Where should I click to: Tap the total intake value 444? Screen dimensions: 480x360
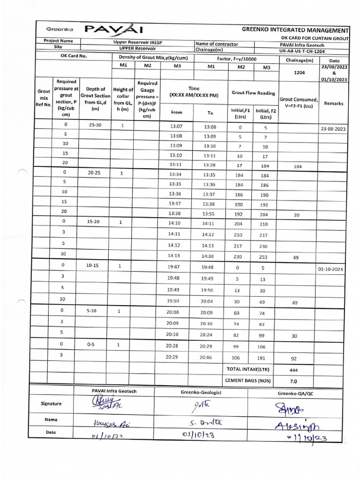click(294, 370)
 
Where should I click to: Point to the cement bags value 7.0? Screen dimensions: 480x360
click(294, 381)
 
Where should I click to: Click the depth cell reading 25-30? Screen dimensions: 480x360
click(95, 125)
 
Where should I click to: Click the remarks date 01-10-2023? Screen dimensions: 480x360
click(331, 270)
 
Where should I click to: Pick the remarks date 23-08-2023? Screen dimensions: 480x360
click(333, 128)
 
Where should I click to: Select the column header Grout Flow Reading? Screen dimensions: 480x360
click(254, 93)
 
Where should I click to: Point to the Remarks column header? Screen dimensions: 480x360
click(333, 103)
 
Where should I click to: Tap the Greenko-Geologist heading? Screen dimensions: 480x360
click(201, 391)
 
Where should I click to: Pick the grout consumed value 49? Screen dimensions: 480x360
click(295, 257)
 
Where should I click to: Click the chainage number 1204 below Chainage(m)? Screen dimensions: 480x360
click(299, 73)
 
